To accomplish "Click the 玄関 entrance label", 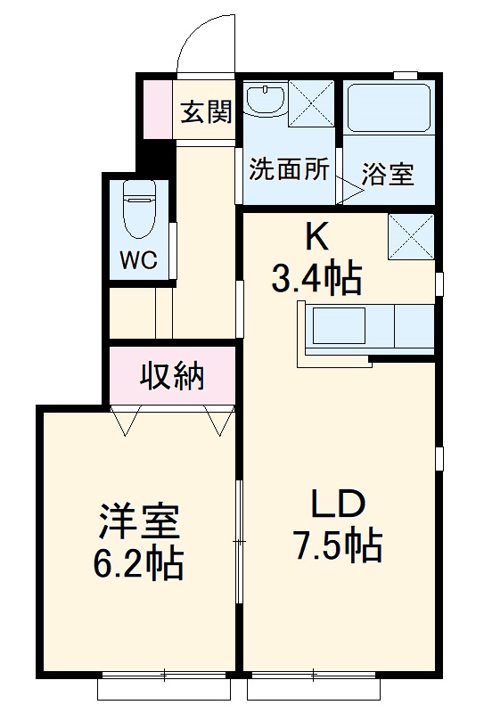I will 206,111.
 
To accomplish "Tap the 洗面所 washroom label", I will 287,169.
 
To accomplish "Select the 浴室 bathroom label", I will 389,173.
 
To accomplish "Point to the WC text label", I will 139,260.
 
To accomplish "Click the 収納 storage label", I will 172,376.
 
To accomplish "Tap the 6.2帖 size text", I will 140,563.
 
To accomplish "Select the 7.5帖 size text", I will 339,545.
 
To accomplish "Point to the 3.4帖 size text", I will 316,280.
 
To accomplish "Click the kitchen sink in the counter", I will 337,327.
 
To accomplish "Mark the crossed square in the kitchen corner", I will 411,238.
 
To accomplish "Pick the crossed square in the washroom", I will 310,105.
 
